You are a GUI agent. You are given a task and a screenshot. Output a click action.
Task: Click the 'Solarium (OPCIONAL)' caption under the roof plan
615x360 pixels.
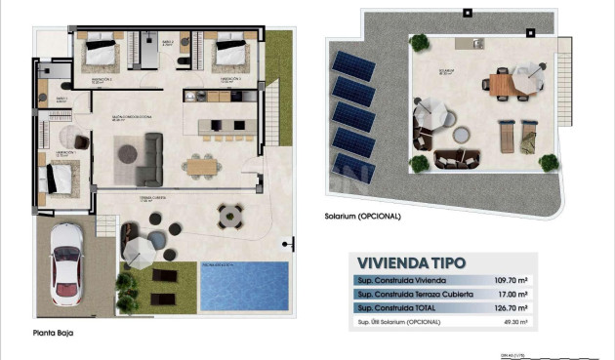363,216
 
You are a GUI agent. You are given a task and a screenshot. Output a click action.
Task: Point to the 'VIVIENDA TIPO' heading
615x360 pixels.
411,262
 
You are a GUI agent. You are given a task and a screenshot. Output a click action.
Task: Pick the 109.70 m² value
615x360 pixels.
512,279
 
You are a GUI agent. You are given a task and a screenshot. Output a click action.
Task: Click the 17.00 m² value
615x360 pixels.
513,294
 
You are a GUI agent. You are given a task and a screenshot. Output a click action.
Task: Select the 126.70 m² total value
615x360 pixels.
512,307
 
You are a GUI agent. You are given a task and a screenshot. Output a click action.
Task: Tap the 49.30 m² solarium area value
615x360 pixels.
513,321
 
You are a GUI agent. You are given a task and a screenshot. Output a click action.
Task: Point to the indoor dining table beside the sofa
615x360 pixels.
203,165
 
